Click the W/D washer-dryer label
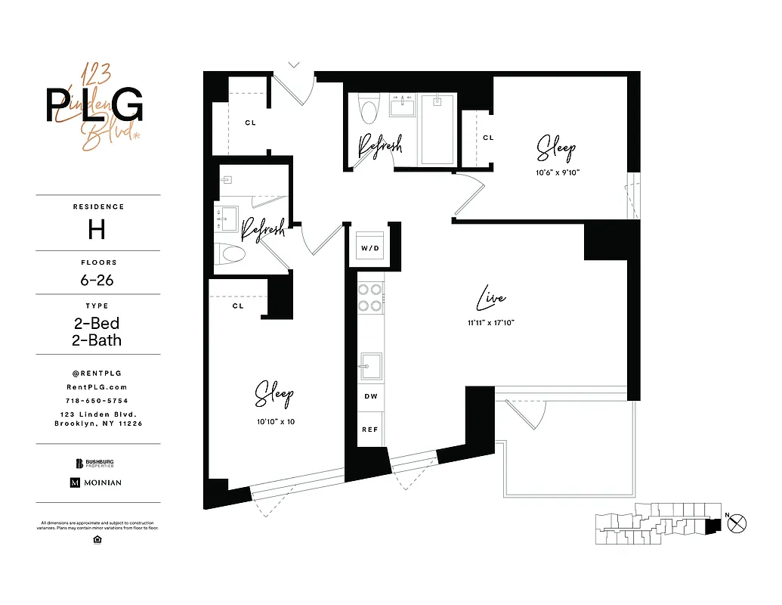(x=369, y=248)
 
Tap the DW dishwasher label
(x=369, y=396)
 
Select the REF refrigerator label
(x=369, y=430)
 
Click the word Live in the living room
(x=490, y=299)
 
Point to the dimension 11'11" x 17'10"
(x=490, y=323)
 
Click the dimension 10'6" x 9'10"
(x=556, y=172)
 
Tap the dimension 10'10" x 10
(x=274, y=421)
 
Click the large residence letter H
(x=97, y=229)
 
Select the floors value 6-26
(x=97, y=280)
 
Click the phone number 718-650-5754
(x=97, y=400)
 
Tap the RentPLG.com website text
(x=97, y=386)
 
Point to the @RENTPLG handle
(x=97, y=373)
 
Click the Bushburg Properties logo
(x=97, y=464)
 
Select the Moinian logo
(x=96, y=482)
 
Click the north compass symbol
(x=739, y=521)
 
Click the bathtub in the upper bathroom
(x=437, y=129)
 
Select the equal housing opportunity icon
(x=97, y=539)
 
